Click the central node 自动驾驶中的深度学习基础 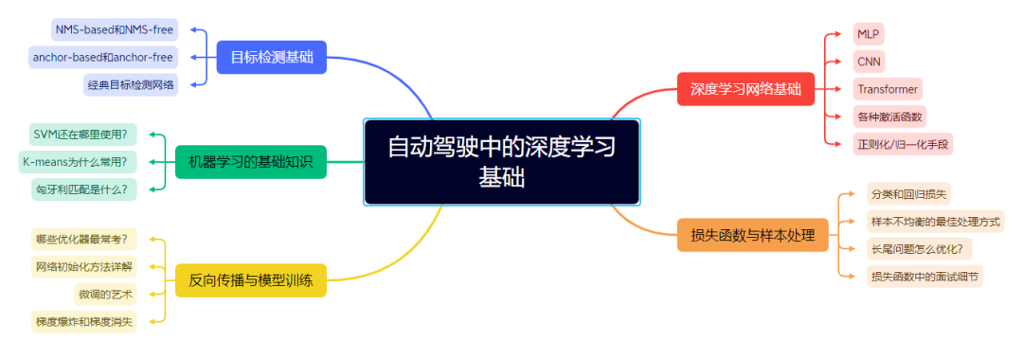(502, 162)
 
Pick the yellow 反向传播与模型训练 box (251, 280)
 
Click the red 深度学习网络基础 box (745, 90)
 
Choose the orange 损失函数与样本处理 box (752, 235)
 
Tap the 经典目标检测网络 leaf (131, 84)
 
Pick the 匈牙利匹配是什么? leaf (83, 189)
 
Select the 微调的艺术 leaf (107, 294)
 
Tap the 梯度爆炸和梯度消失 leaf (85, 322)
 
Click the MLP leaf (868, 34)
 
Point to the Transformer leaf (887, 89)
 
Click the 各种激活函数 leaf (889, 117)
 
